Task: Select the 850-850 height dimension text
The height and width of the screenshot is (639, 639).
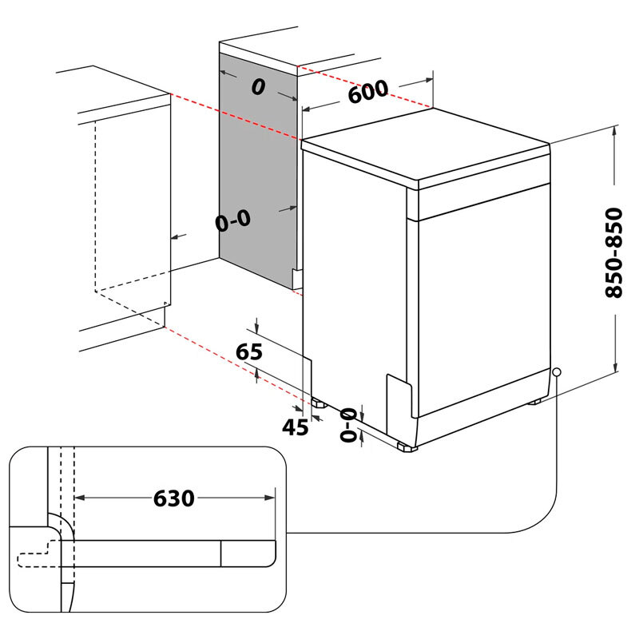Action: (x=613, y=252)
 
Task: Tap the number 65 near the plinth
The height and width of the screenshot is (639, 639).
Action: (x=250, y=351)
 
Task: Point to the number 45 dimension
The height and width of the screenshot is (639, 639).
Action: (x=295, y=427)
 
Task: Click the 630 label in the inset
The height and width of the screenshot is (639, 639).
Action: (x=174, y=498)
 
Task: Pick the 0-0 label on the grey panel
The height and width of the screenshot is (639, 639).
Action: (x=232, y=221)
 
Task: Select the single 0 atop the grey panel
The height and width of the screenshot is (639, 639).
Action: (x=257, y=87)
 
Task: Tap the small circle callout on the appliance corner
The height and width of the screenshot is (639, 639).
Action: (x=556, y=372)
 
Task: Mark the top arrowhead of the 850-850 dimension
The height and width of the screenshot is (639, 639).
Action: (x=615, y=134)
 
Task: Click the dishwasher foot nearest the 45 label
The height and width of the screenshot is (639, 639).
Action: (x=319, y=404)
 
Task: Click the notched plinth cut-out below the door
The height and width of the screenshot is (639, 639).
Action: (x=399, y=399)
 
